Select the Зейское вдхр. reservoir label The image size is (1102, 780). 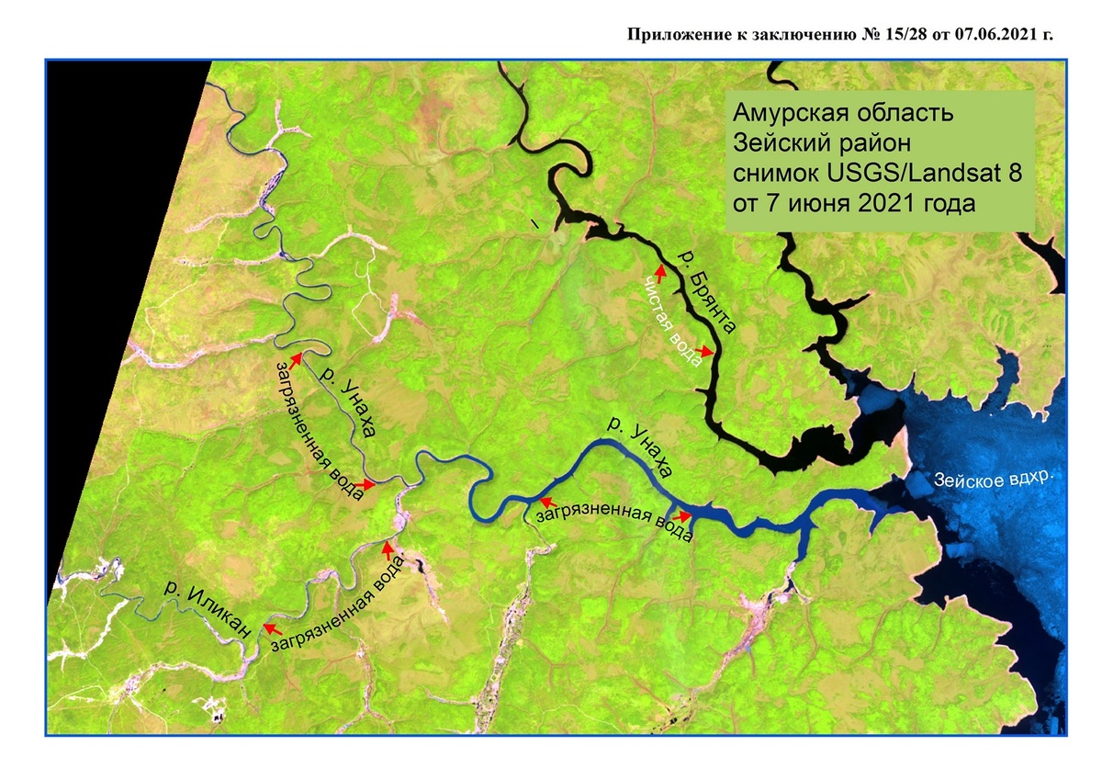[x=990, y=479]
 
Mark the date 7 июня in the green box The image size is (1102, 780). [x=809, y=202]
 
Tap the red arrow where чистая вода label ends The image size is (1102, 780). [x=705, y=351]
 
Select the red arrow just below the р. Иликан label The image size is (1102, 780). [x=272, y=627]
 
